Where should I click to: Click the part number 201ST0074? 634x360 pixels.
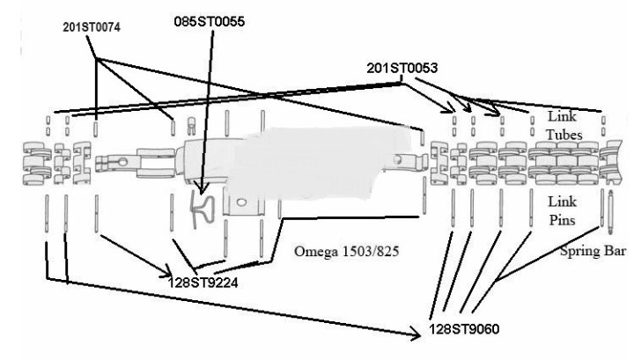(92, 27)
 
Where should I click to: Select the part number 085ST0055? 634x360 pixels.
(209, 21)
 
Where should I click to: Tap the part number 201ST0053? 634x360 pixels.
(402, 68)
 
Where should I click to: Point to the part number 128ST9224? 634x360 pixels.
(203, 282)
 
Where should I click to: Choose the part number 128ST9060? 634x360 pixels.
(464, 329)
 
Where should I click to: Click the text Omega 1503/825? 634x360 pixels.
(347, 252)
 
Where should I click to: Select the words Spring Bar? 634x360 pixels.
(593, 251)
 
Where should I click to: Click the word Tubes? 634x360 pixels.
(564, 135)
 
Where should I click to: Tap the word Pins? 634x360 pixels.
(562, 220)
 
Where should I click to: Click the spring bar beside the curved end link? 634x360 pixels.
(610, 212)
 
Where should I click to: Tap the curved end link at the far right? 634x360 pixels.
(611, 163)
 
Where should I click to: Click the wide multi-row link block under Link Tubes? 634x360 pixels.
(563, 163)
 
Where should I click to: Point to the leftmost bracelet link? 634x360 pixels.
(37, 163)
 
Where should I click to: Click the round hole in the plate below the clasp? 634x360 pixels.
(241, 202)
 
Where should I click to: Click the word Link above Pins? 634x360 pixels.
(562, 202)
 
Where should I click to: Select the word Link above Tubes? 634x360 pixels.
(562, 116)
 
